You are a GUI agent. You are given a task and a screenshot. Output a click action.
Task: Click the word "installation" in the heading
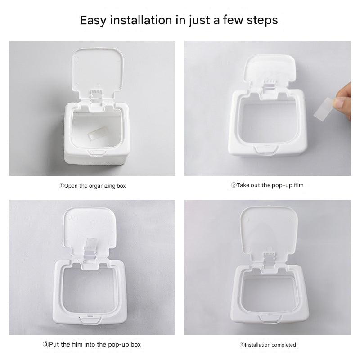[x=141, y=20]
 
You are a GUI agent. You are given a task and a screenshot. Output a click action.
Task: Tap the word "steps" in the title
[x=262, y=20]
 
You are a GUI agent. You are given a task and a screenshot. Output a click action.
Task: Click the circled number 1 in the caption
[x=61, y=186]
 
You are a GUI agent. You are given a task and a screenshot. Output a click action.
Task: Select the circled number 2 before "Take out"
[x=234, y=185]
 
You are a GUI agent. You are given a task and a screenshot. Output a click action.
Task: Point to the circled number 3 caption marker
[x=46, y=344]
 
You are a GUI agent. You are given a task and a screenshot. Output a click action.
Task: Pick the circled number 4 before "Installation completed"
[x=242, y=345]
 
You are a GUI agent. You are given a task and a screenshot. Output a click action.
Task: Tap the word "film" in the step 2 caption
[x=298, y=185]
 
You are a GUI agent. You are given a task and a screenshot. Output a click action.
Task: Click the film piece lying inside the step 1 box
[x=95, y=133]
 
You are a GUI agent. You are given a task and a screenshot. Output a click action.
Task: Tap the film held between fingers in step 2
[x=324, y=109]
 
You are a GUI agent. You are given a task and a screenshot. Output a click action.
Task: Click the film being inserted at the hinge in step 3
[x=91, y=244]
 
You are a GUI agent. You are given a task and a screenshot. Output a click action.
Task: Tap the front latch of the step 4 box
[x=270, y=319]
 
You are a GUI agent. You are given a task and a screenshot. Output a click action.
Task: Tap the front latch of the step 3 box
[x=90, y=320]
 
